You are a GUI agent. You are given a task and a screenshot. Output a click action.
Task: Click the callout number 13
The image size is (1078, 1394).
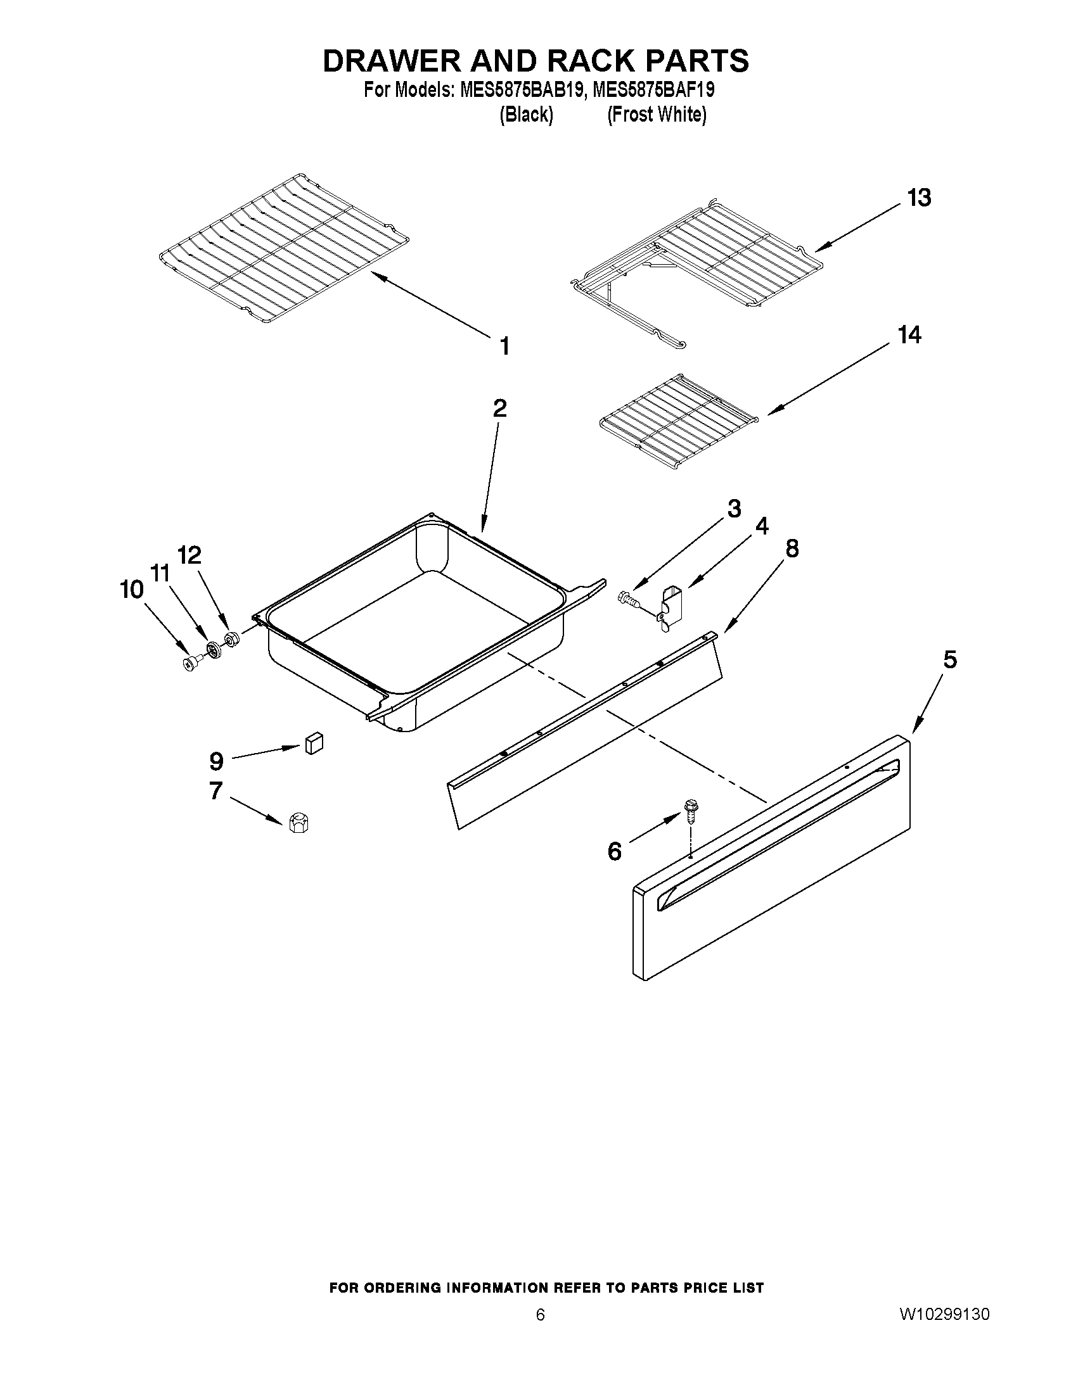919,198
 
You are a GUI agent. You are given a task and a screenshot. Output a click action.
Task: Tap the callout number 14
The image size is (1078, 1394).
909,334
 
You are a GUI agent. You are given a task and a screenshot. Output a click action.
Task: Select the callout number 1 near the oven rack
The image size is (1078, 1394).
504,346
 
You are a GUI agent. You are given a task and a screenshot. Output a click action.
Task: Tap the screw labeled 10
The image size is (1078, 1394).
191,664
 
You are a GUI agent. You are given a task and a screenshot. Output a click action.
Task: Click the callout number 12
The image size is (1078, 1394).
189,555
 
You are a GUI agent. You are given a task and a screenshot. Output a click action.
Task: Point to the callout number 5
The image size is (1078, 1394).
949,659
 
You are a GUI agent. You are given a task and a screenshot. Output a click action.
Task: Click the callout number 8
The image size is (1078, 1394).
792,548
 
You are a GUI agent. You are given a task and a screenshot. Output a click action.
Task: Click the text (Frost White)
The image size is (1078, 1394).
656,115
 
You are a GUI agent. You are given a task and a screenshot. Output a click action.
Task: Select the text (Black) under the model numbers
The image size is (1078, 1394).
525,115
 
